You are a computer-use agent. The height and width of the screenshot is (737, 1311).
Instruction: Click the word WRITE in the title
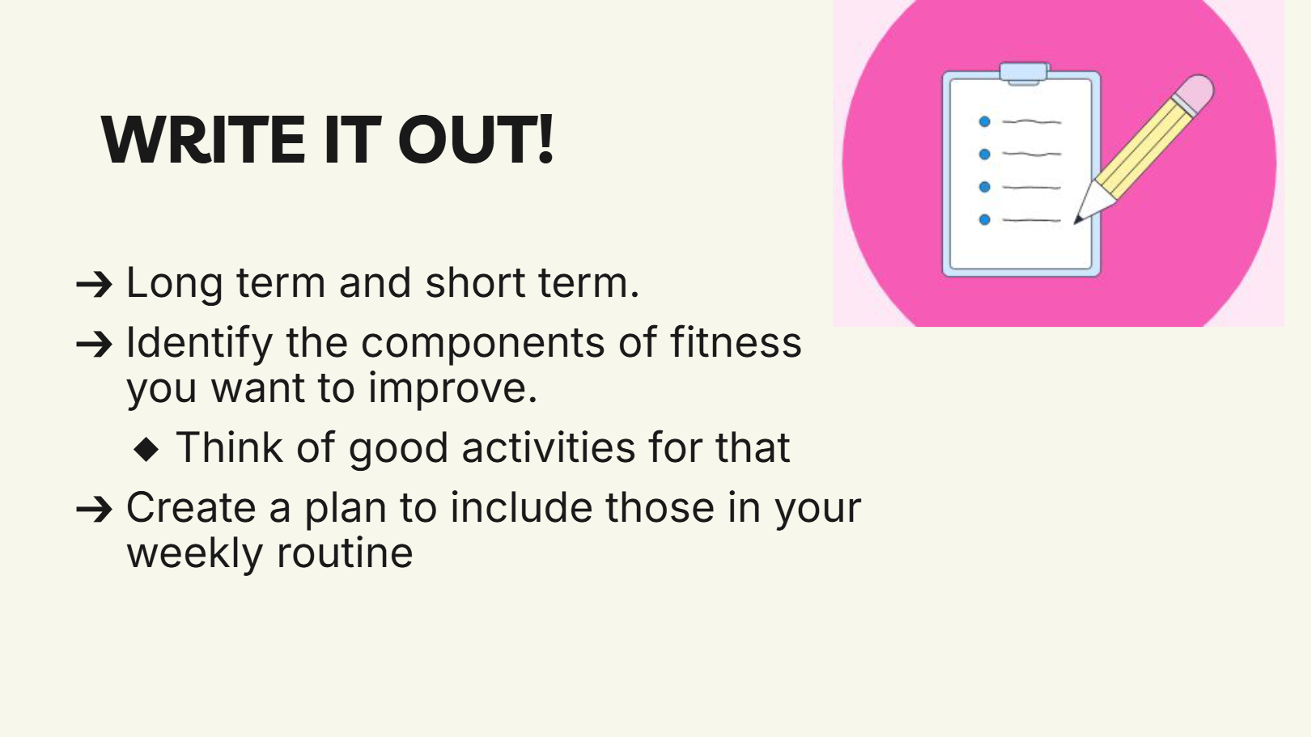(203, 140)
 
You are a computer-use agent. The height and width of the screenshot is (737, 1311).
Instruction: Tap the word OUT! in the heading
(476, 140)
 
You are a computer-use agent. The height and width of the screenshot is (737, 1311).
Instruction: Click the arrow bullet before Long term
(94, 285)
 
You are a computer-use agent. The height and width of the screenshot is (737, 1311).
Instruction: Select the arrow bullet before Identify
(94, 344)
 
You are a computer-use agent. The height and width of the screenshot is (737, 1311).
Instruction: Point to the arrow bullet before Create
(94, 509)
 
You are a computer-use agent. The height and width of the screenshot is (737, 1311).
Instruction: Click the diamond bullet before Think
(146, 449)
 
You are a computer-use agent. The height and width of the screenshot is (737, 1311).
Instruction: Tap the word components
(483, 344)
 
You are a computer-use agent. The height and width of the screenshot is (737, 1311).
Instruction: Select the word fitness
(736, 341)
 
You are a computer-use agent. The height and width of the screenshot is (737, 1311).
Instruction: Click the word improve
(452, 390)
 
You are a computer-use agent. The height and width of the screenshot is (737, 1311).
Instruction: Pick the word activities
(549, 447)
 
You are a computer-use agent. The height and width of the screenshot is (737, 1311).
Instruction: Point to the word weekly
(195, 554)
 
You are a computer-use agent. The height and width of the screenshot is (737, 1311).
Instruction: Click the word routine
(345, 553)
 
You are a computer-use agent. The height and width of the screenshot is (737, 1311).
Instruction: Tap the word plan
(346, 509)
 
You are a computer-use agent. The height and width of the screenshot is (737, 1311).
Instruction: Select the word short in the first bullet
(475, 282)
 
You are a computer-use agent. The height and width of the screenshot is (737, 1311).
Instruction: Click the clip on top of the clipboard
(1025, 74)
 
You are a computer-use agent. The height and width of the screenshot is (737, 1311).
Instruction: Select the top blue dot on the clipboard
(984, 121)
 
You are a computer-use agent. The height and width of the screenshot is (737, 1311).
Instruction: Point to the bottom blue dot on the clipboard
(984, 219)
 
